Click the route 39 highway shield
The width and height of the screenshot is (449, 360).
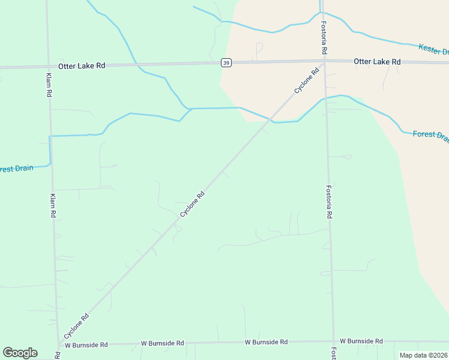click(226, 62)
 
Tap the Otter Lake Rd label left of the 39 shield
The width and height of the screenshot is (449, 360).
click(82, 65)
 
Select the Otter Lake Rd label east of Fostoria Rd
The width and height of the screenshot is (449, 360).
click(377, 61)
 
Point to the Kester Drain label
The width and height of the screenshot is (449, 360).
click(433, 49)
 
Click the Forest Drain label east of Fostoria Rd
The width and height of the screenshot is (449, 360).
click(430, 135)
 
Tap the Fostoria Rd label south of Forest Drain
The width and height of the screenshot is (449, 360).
click(329, 201)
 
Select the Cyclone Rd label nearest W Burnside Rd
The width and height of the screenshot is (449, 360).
click(77, 326)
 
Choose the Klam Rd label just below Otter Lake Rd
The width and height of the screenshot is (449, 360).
click(49, 85)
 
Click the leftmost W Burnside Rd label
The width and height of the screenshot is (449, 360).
click(86, 345)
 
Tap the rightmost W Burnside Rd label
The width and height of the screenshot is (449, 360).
click(361, 341)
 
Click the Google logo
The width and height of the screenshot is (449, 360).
click(20, 353)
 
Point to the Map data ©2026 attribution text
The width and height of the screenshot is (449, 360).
click(423, 355)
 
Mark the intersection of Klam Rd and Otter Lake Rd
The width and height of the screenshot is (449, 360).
click(48, 66)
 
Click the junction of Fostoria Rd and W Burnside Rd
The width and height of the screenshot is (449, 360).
click(333, 341)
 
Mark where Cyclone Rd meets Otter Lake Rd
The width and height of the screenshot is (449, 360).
click(324, 62)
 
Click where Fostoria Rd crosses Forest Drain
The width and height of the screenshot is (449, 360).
click(326, 98)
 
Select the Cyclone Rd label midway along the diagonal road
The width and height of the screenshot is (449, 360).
click(193, 204)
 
